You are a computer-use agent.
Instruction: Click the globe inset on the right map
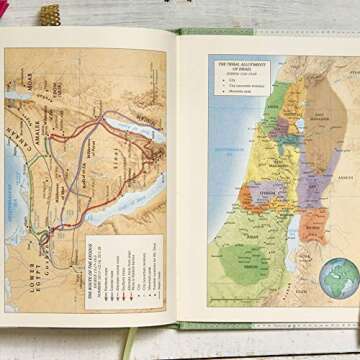pos(339,277)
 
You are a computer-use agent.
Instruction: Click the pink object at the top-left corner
pos(4,9)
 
